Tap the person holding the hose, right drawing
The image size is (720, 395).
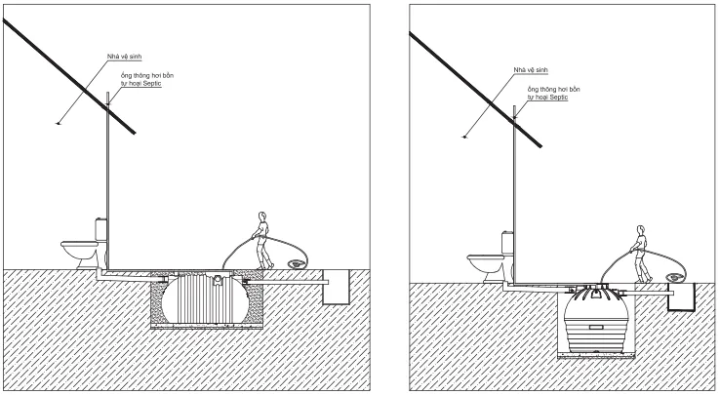[x=640, y=252]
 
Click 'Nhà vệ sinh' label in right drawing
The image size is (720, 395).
[x=529, y=69]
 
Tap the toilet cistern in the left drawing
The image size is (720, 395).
[x=100, y=232]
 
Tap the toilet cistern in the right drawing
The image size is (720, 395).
[x=507, y=242]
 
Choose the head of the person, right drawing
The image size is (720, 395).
[x=640, y=229]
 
